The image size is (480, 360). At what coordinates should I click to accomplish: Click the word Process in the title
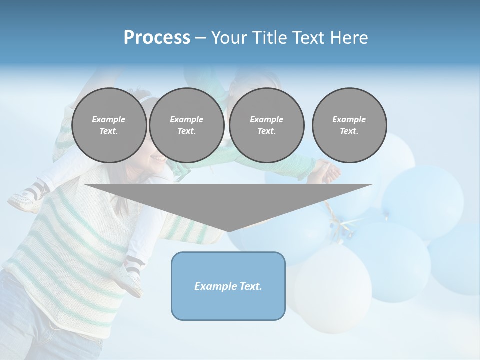coord(157,38)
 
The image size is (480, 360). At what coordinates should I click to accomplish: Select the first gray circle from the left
coord(109,125)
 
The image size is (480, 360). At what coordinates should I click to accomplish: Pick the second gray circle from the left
coord(187,125)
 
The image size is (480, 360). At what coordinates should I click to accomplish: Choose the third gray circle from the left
coord(267,125)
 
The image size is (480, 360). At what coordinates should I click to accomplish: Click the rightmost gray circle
coord(349,125)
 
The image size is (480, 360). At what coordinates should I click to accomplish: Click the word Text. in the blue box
coord(251,286)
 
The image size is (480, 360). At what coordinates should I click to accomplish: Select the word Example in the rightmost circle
coord(349,119)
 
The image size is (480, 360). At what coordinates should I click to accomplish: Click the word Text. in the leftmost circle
coord(109,131)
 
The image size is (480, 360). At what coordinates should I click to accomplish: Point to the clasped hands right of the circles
coord(329,171)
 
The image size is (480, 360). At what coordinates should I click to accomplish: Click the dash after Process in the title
coord(200,38)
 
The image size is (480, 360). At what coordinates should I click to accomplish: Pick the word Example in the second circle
coord(187,119)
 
